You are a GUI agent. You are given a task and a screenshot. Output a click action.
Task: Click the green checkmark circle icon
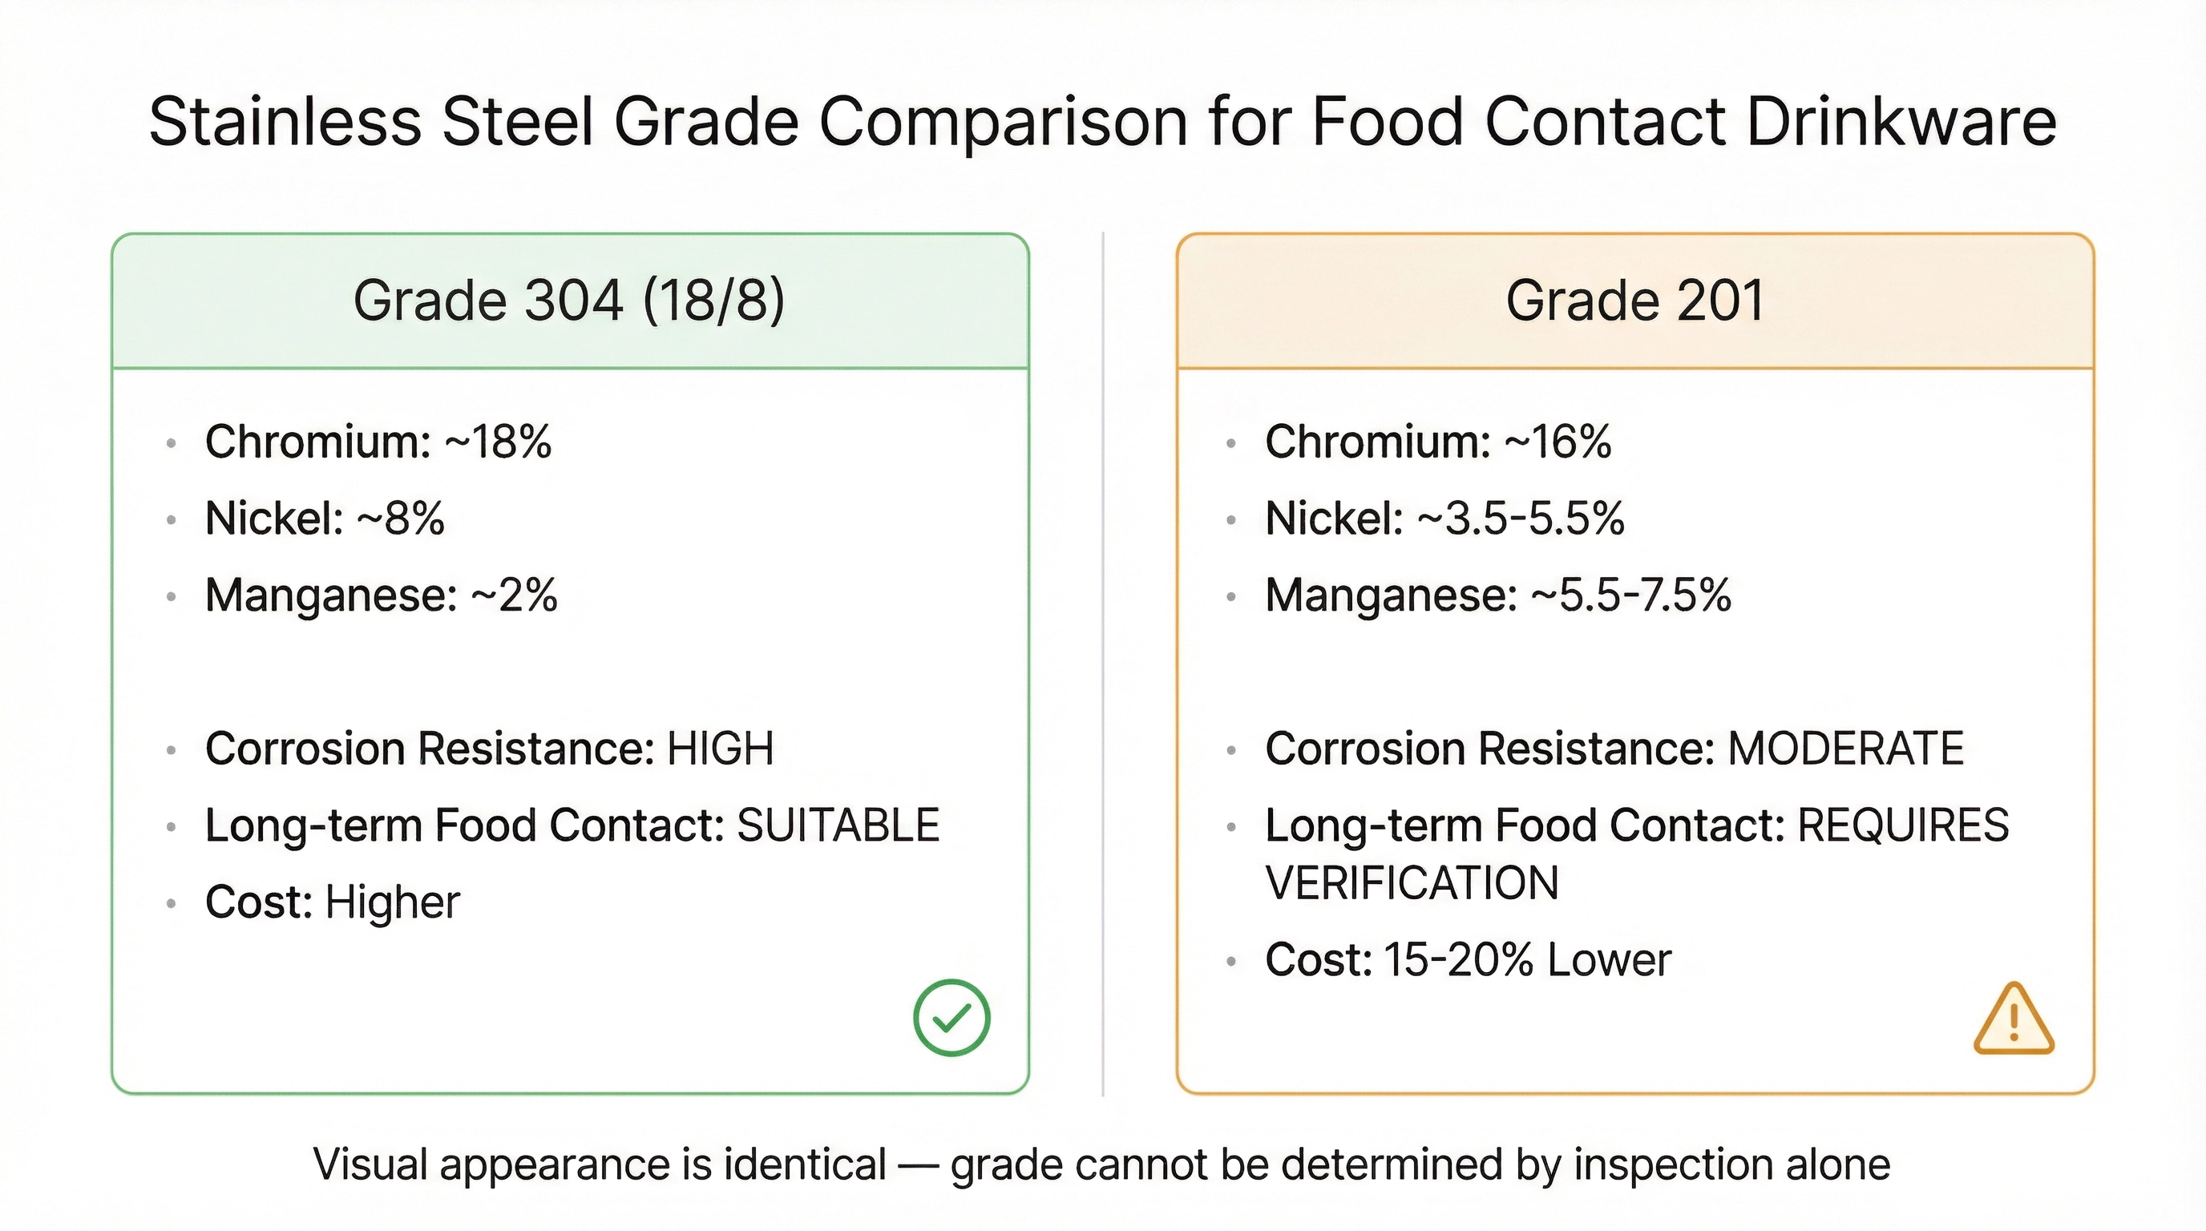951,1017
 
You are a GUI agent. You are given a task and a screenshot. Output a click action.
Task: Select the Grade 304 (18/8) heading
568,301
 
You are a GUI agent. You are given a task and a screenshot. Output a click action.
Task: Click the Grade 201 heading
1634,301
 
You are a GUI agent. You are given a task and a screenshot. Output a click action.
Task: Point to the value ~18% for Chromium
498,442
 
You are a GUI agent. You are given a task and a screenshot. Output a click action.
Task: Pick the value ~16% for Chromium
1558,442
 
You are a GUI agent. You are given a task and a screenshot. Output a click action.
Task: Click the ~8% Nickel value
401,519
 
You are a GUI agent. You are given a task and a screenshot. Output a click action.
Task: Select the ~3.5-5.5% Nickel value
1521,519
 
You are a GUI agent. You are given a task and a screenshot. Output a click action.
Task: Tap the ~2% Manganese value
514,595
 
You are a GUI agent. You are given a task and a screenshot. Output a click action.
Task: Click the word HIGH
720,749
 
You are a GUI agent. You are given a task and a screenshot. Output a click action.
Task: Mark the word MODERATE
1845,749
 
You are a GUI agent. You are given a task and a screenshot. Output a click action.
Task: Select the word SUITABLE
838,826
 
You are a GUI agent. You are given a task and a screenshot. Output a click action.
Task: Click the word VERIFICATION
1412,883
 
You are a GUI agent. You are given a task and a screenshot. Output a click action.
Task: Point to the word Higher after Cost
392,903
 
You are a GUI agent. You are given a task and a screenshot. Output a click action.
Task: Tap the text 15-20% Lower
1527,960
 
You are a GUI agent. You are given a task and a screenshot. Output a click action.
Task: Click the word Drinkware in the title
1901,122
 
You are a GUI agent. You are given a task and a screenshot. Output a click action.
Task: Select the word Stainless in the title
285,122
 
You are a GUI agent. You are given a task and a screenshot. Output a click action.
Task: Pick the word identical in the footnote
804,1165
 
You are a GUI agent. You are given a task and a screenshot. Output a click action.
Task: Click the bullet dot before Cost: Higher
172,903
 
